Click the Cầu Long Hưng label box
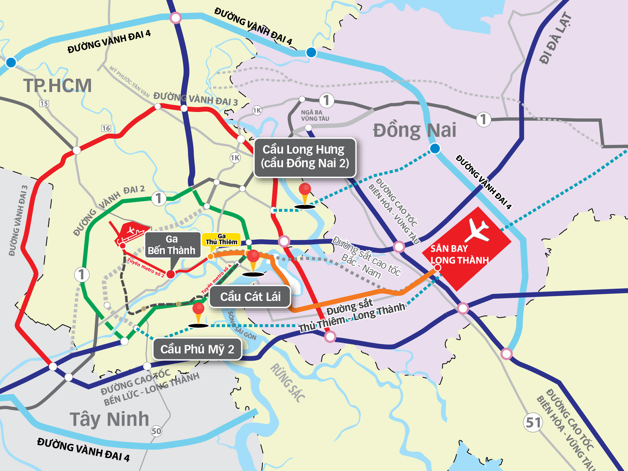(304, 157)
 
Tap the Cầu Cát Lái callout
(250, 297)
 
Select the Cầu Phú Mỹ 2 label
(197, 349)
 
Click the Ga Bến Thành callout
(171, 245)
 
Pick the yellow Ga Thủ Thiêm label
(221, 240)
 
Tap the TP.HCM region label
(57, 86)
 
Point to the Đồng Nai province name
(414, 130)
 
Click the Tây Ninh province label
(109, 419)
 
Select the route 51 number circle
(533, 422)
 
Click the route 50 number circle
(156, 431)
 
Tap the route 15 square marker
(44, 104)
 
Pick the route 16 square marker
(106, 128)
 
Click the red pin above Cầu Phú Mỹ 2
(198, 309)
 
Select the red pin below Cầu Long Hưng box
(305, 190)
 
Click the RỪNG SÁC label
(288, 383)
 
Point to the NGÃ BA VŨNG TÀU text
(315, 115)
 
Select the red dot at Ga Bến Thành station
(170, 274)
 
